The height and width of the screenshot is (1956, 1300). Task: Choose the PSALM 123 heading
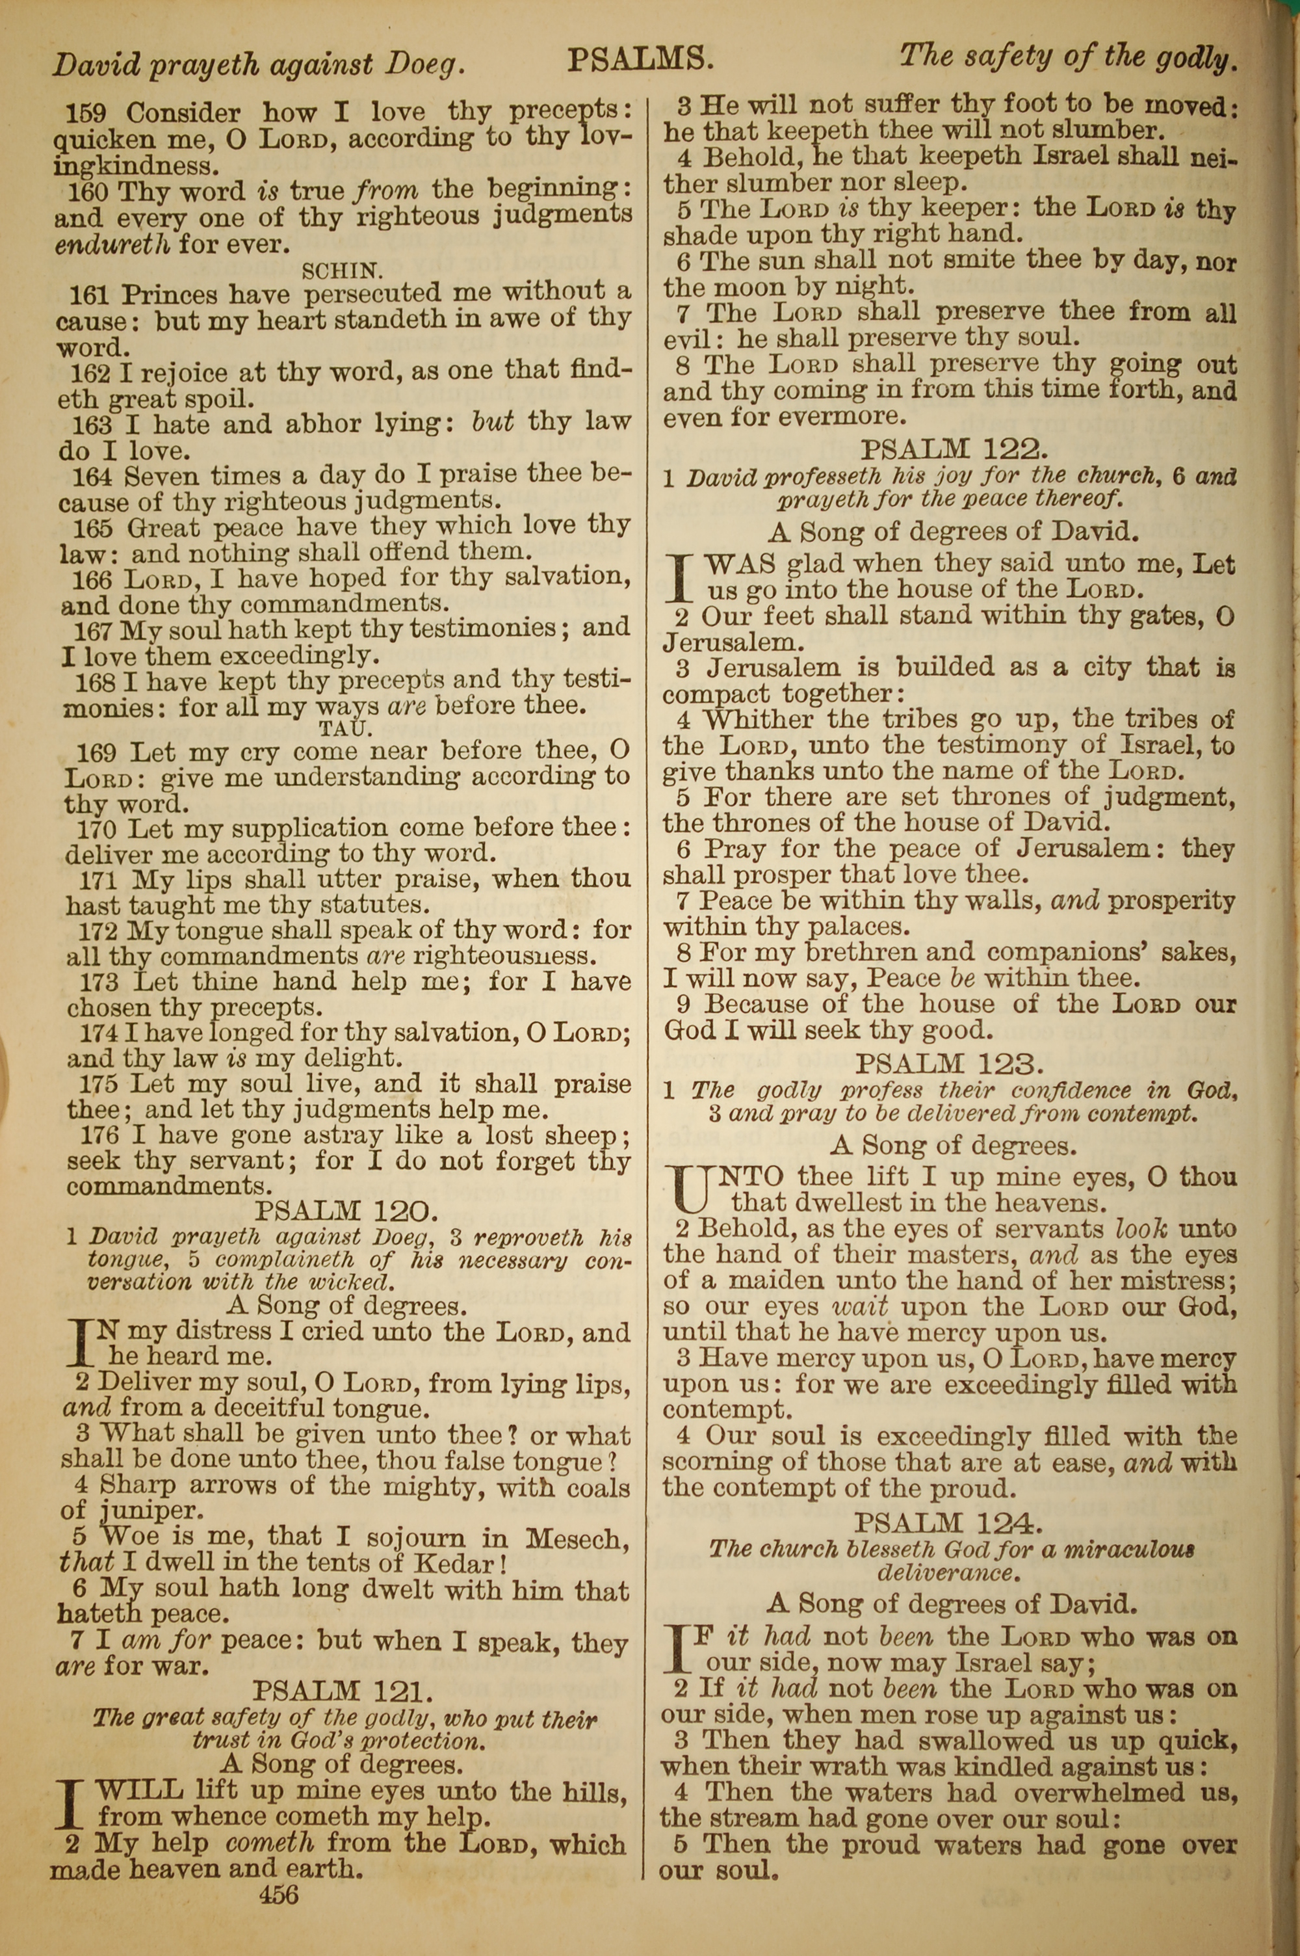coord(949,1064)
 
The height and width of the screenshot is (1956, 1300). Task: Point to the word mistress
coord(1178,1281)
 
